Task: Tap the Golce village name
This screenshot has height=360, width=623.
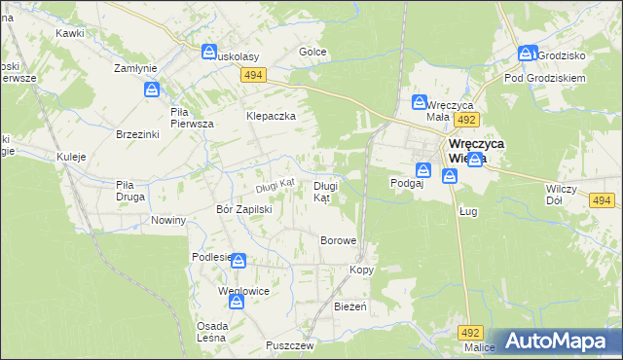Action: tap(311, 52)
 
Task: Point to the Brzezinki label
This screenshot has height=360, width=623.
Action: tap(136, 134)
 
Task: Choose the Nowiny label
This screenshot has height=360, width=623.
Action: tap(168, 220)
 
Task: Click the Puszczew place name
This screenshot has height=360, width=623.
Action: tap(289, 345)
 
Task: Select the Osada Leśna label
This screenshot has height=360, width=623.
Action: tap(212, 331)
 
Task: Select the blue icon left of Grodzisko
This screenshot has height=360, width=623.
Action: tap(527, 55)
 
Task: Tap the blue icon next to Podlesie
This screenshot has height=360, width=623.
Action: tap(238, 261)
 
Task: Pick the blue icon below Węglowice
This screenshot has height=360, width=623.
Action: tap(238, 302)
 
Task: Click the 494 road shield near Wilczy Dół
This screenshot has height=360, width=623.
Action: tap(601, 200)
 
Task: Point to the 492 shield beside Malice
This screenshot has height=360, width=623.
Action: tap(472, 331)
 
